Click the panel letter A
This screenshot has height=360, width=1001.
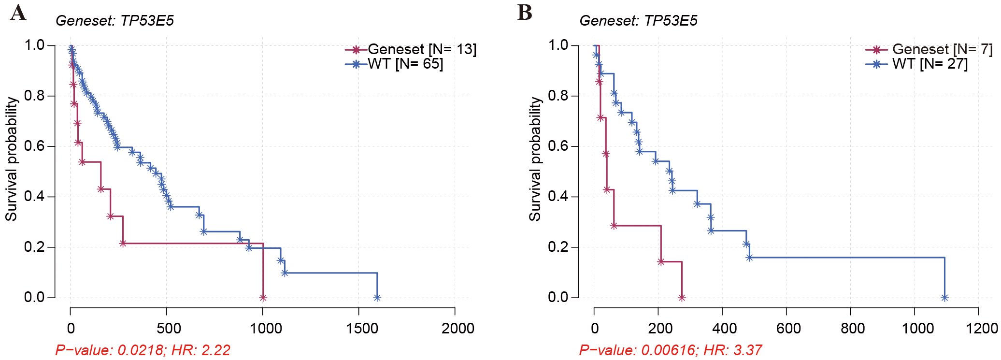(18, 13)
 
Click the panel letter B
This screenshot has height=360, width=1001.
(525, 13)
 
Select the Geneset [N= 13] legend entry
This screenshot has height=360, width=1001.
(411, 49)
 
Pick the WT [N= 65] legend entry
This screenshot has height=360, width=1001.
(394, 64)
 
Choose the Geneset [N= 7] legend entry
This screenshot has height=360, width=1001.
(929, 49)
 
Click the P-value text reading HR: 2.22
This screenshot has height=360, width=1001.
(143, 350)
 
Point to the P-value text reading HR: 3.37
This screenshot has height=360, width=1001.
(671, 350)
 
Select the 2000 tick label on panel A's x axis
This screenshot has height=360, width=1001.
(458, 329)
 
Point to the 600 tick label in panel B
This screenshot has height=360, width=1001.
(788, 329)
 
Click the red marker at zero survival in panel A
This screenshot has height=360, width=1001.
(263, 298)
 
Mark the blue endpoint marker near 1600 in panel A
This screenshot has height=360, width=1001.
(377, 298)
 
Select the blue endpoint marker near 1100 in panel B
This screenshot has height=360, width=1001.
(944, 298)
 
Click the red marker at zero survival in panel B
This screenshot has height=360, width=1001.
(682, 298)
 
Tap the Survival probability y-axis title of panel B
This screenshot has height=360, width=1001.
(535, 159)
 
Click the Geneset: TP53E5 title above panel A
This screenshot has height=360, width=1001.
(114, 21)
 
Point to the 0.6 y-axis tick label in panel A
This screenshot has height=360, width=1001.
(34, 146)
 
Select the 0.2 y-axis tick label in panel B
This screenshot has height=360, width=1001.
(558, 247)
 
